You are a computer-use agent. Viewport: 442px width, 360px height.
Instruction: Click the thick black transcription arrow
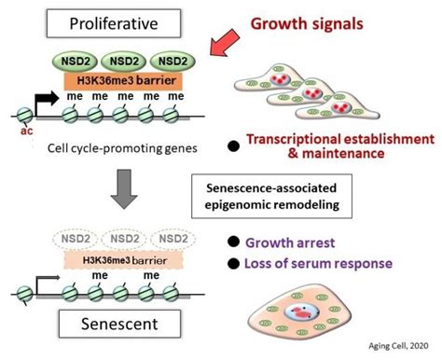[x=42, y=97]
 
